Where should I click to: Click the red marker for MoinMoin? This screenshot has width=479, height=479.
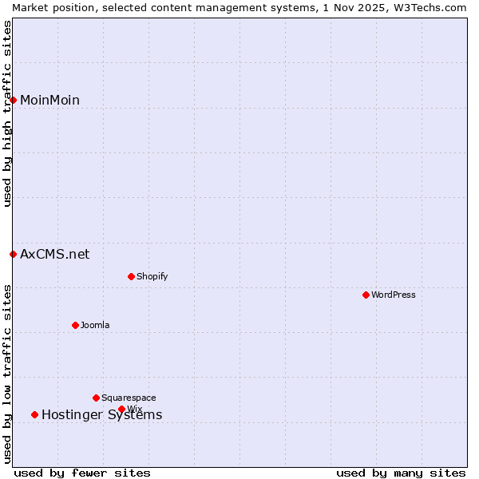pyautogui.click(x=14, y=100)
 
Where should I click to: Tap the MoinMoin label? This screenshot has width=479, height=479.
pyautogui.click(x=49, y=100)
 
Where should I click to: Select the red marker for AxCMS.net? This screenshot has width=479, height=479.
pyautogui.click(x=14, y=254)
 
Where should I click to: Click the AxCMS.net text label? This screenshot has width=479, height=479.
pyautogui.click(x=54, y=254)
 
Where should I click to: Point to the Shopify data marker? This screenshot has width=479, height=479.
pyautogui.click(x=131, y=276)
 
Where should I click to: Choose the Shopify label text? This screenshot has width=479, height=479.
pyautogui.click(x=152, y=276)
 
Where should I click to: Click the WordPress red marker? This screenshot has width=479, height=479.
pyautogui.click(x=366, y=295)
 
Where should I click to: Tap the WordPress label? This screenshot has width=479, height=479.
pyautogui.click(x=393, y=295)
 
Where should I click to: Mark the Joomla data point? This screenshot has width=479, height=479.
pyautogui.click(x=75, y=325)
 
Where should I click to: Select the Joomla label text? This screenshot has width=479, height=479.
pyautogui.click(x=95, y=325)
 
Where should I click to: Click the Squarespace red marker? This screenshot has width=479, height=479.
pyautogui.click(x=96, y=398)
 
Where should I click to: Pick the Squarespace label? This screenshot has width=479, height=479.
pyautogui.click(x=129, y=398)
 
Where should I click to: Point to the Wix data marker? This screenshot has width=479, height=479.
pyautogui.click(x=121, y=409)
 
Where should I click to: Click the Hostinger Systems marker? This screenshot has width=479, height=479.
pyautogui.click(x=34, y=414)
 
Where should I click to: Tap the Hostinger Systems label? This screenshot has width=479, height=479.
pyautogui.click(x=101, y=415)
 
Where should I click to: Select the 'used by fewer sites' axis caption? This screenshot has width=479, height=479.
pyautogui.click(x=82, y=473)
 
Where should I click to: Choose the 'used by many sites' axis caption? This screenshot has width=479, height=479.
pyautogui.click(x=401, y=473)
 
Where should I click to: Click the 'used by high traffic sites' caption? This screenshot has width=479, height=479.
pyautogui.click(x=7, y=113)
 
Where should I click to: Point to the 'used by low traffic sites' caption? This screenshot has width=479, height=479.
pyautogui.click(x=7, y=373)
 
